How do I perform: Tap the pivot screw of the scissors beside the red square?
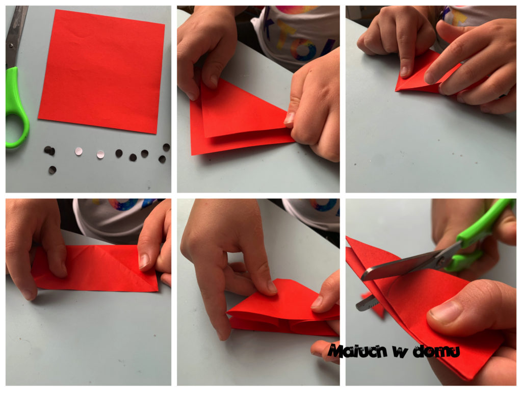coord(11,45)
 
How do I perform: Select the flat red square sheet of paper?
coord(101,71)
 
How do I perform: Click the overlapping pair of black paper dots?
coord(49,151)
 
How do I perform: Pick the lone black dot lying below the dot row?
coord(53,170)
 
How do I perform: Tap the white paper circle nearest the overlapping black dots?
coord(79,151)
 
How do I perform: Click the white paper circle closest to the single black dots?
coord(100,154)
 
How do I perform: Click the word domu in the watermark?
coord(436,352)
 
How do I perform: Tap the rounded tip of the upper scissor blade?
coord(364,275)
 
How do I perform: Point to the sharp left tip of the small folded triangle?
coord(396,90)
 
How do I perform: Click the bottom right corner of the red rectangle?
coord(158,292)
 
